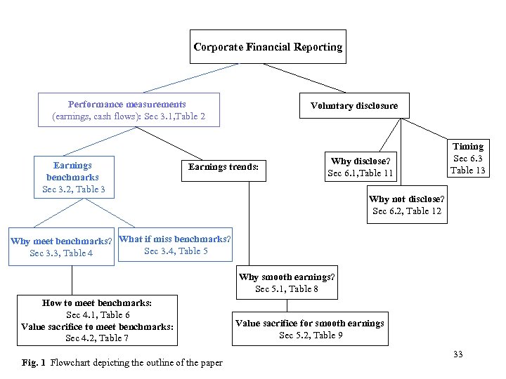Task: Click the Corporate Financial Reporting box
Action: (x=268, y=47)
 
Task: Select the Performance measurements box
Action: (x=129, y=110)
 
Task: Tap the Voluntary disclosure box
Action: (x=353, y=106)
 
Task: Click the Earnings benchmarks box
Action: (x=73, y=177)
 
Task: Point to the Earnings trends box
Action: (x=223, y=167)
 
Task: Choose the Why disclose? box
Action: (x=361, y=167)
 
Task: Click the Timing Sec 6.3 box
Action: (x=467, y=158)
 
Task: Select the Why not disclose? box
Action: (x=406, y=205)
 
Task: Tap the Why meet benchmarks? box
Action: (x=61, y=247)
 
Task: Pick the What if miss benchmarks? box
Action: (x=175, y=245)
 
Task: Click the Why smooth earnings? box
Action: (x=287, y=283)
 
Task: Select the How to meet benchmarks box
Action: (x=97, y=321)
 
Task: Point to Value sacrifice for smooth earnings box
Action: (x=310, y=329)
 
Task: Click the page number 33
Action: (x=458, y=354)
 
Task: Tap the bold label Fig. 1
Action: (x=34, y=363)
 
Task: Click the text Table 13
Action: (x=467, y=171)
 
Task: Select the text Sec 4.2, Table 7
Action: (x=97, y=338)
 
